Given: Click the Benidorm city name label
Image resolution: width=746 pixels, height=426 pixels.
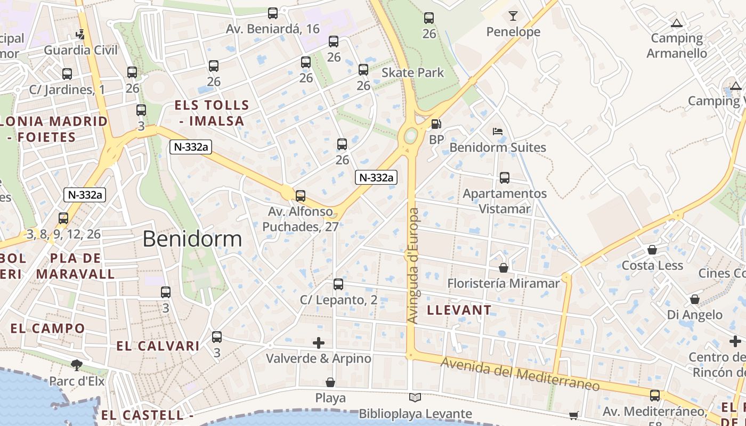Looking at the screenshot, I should pos(192,239).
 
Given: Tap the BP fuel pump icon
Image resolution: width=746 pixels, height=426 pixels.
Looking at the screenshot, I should pos(436,124).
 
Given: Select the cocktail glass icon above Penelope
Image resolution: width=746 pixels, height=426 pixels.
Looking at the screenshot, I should pos(513,16).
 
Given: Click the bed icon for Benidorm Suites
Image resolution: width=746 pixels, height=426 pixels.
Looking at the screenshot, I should pos(498,131).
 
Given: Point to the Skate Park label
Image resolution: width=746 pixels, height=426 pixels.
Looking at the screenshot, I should pos(413,72).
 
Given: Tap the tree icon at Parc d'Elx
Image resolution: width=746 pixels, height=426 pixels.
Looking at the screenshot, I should pos(77,365).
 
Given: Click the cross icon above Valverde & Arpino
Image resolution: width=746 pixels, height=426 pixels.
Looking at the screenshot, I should pos(319,342).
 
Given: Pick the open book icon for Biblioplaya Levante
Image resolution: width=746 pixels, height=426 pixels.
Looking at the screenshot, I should pos(415,397).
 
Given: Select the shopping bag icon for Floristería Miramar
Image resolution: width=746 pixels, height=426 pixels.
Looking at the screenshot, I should pos(503,267).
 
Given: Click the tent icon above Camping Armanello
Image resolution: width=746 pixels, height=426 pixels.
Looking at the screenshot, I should pos(677,23).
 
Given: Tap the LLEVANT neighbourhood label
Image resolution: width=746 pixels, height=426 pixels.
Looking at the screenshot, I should pos(459,310).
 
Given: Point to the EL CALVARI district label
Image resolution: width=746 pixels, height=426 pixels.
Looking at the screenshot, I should pos(151,346).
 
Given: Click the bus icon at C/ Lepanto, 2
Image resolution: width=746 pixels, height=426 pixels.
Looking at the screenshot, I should pos(338,284).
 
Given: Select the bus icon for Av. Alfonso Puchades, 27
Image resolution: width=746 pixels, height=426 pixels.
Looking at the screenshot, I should pos(301,195).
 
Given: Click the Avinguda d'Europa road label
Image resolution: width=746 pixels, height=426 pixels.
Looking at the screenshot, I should pos(414,265).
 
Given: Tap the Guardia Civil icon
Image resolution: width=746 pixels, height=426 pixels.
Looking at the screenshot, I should pos(80,34).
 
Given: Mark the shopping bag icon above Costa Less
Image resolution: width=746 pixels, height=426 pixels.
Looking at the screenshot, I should pos(652,249).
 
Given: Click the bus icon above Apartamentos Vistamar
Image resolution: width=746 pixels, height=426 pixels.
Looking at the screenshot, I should pos(504,177).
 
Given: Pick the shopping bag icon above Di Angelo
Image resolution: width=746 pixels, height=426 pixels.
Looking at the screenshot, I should pos(695,299).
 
